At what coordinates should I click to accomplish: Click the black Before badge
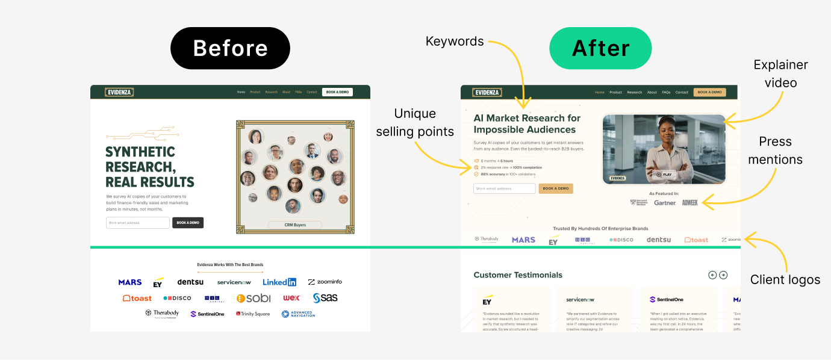230,48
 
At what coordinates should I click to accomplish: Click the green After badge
600,48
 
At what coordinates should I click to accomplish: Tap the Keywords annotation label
455,42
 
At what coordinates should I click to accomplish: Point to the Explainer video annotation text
780,73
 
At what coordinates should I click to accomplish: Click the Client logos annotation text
785,280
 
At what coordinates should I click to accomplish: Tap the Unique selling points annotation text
415,122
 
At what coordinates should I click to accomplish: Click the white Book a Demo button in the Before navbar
337,92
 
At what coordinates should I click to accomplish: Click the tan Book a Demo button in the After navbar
709,92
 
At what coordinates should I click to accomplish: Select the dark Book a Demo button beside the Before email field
188,223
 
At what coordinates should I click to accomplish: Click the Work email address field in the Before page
138,223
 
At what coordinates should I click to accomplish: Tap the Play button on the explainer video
664,175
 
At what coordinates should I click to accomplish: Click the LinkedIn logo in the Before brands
279,282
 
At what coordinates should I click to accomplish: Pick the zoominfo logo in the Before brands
325,282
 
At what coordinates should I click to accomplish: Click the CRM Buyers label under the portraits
295,225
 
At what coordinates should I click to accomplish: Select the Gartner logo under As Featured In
665,203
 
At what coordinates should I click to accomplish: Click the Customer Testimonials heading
518,275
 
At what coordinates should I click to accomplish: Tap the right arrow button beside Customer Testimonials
723,275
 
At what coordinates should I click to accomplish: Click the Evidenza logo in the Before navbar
119,92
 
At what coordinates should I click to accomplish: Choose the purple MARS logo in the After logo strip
523,240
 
